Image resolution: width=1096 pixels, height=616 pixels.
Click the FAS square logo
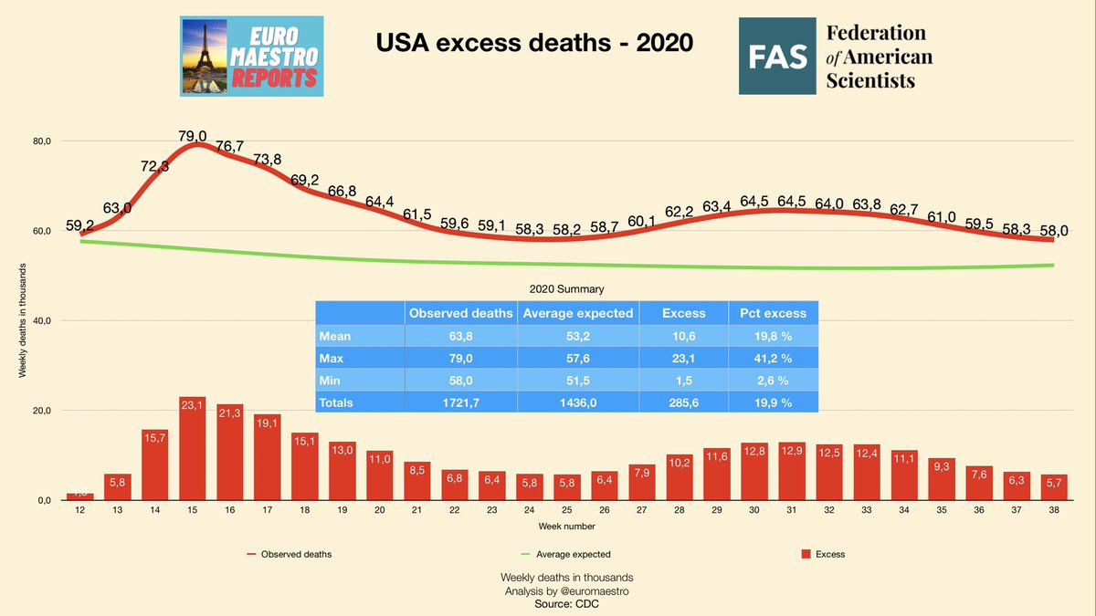coord(776,57)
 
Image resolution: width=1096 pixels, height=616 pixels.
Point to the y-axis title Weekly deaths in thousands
coord(22,320)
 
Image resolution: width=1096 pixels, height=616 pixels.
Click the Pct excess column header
coord(773,313)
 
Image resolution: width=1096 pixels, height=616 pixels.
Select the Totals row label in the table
coord(336,401)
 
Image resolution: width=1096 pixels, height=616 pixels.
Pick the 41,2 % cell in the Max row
coord(773,357)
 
